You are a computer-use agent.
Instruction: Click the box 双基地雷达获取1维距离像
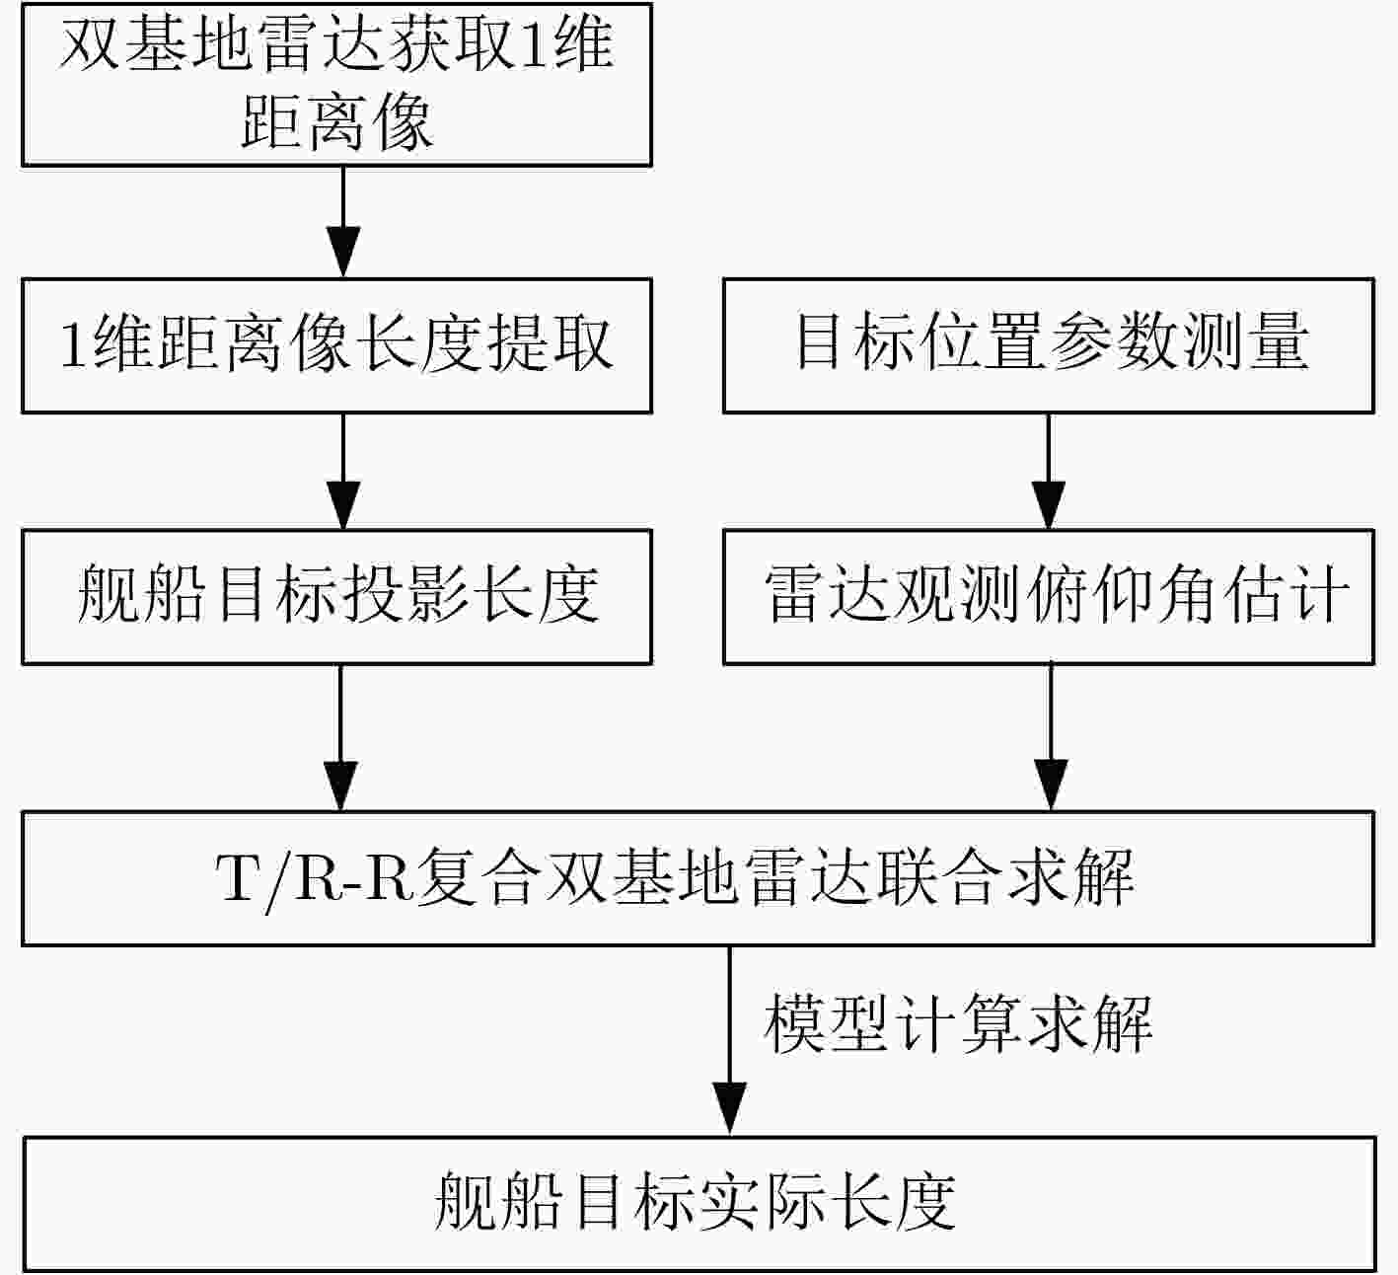(x=336, y=84)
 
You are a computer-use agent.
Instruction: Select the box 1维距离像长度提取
(x=336, y=345)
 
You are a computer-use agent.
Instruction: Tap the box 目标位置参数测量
(x=1049, y=345)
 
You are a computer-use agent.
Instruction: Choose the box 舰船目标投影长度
(x=336, y=597)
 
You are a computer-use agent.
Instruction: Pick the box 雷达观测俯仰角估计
(x=1049, y=597)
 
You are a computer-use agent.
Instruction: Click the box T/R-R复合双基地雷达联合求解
(x=699, y=878)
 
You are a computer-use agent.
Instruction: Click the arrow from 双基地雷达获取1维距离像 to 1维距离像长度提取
(x=343, y=222)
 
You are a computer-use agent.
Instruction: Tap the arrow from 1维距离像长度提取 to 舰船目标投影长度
(x=343, y=472)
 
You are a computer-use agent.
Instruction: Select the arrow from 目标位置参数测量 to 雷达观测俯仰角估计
(x=1048, y=472)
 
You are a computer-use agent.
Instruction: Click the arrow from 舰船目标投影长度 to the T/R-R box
(x=340, y=737)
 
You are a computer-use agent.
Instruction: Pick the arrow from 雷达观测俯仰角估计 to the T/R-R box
(x=1051, y=737)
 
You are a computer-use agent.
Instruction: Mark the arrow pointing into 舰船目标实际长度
(x=730, y=1041)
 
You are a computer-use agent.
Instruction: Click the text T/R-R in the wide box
(x=315, y=878)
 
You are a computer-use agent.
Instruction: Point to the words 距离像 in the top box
(x=337, y=122)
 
